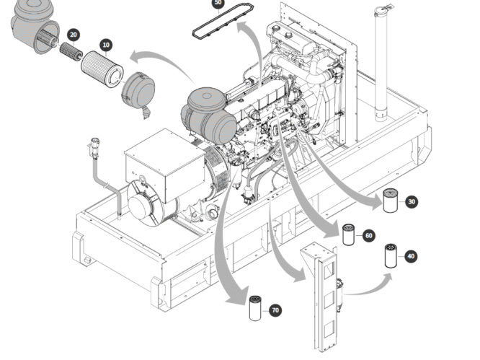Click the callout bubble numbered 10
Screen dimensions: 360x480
106,45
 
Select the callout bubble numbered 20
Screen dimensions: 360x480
73,34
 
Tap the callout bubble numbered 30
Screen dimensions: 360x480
412,202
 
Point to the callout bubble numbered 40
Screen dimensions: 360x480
411,256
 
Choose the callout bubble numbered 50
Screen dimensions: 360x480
218,3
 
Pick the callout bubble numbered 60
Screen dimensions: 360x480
368,236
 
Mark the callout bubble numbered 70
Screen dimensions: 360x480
275,310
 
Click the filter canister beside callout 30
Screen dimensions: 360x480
391,201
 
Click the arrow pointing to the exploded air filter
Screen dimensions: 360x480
162,61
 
